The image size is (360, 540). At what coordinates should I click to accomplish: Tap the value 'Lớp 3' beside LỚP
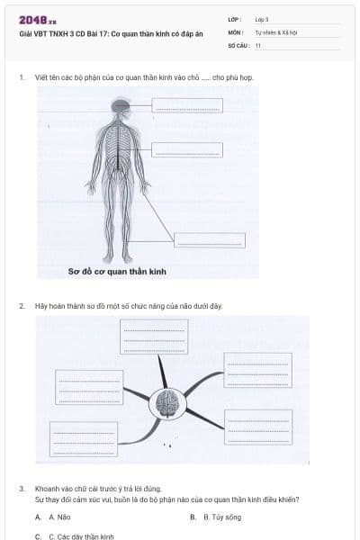(262, 19)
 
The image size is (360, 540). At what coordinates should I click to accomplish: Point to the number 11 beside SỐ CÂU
(258, 44)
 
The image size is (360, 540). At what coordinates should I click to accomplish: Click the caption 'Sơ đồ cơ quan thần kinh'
(117, 270)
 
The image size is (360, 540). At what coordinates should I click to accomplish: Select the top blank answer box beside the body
(185, 105)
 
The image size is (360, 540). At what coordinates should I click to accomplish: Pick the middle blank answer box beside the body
(186, 149)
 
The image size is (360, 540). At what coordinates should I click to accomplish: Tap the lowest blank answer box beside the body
(209, 240)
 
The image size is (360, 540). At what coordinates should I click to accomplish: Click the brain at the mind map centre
(166, 403)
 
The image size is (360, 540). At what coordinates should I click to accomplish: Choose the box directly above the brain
(154, 337)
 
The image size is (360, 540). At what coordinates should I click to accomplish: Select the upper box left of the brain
(89, 387)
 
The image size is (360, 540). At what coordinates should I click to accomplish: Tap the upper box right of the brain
(257, 370)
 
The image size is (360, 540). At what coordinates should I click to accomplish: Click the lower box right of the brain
(257, 427)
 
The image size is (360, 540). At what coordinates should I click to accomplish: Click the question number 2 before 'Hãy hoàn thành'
(22, 306)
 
